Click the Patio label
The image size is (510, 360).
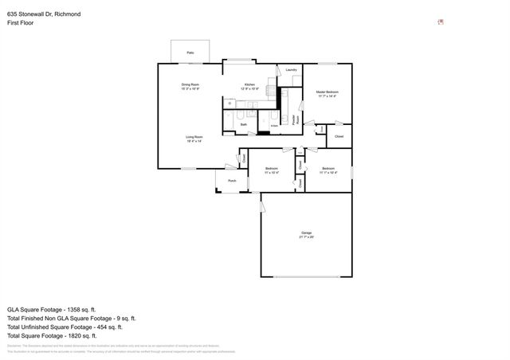point(190,53)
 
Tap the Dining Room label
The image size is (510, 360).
point(190,84)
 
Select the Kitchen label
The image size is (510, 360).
point(249,84)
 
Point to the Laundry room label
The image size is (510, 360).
point(291,71)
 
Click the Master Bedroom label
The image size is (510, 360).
point(327,92)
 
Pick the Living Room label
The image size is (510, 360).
point(194,137)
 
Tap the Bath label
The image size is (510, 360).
point(244,124)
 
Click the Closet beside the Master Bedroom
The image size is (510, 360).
point(339,136)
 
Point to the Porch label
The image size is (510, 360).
point(232,181)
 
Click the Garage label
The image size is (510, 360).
point(306,232)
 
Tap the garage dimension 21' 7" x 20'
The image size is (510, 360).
point(306,237)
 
